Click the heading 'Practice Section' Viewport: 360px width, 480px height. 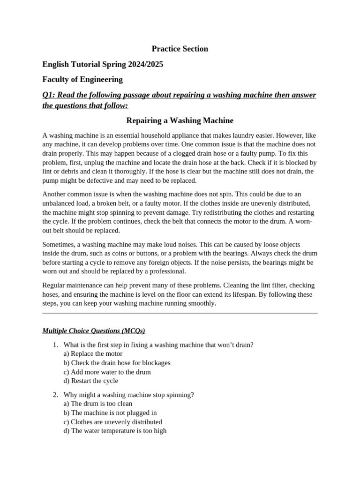coord(180,49)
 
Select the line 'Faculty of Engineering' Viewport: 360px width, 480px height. coord(82,79)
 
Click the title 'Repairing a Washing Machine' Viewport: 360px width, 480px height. coord(180,120)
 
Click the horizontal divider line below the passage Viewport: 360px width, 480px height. coord(180,313)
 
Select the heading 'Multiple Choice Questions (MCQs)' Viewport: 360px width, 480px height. coord(94,331)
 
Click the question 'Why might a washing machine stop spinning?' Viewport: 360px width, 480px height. coord(128,395)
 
